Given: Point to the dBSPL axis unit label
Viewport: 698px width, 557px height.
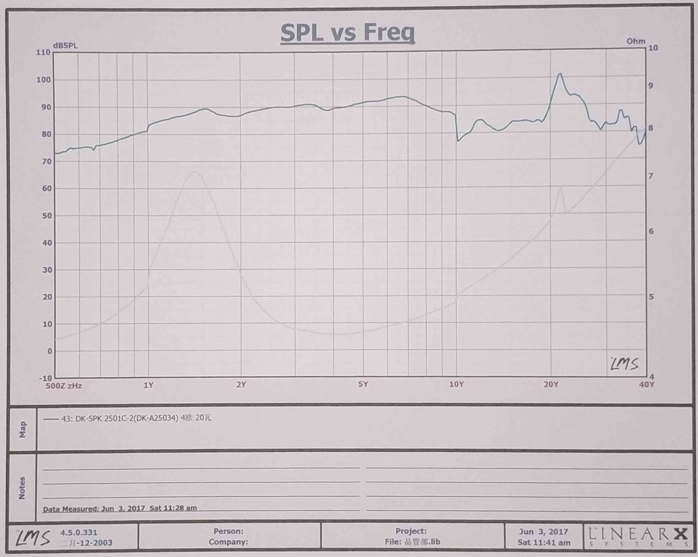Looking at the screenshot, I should click(x=65, y=46).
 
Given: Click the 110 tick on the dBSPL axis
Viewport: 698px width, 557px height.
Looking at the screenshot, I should click(x=43, y=52).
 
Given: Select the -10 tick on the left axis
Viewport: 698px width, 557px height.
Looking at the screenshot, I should click(x=45, y=378).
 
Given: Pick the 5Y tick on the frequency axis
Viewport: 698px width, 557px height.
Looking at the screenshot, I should click(x=363, y=384).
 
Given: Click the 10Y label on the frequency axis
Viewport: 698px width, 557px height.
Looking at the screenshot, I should click(x=456, y=384).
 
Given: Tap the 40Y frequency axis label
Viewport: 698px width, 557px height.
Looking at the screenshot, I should click(x=646, y=384).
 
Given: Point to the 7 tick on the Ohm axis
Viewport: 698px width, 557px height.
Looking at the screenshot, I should click(x=651, y=176).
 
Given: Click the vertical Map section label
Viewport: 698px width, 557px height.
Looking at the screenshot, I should click(x=22, y=429).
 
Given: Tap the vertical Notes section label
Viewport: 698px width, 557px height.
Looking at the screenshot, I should click(x=22, y=488).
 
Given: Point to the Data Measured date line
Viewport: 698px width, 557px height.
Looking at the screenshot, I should click(x=120, y=508).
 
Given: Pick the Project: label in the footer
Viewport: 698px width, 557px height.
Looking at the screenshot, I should click(x=411, y=531).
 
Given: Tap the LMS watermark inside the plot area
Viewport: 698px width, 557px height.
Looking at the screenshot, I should click(x=624, y=364).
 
